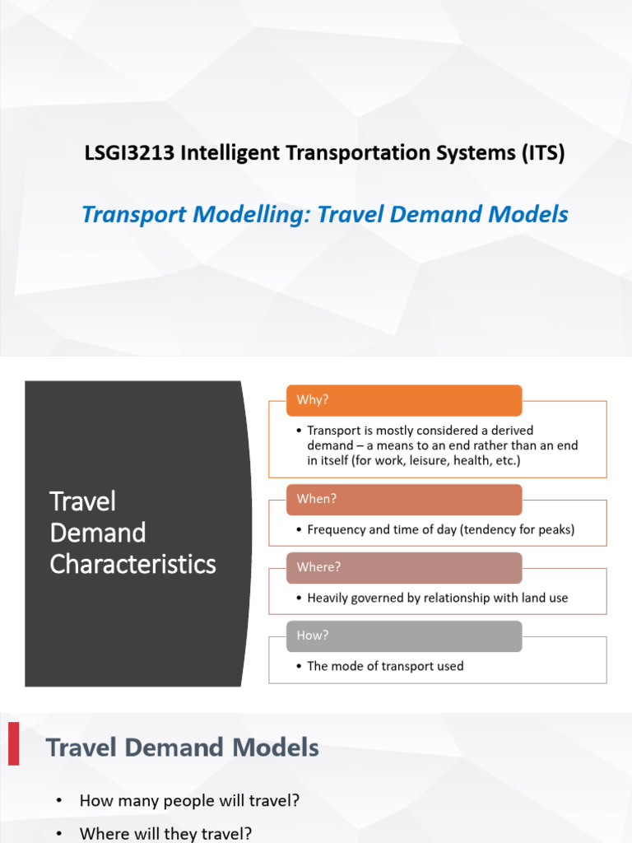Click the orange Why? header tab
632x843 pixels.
403,400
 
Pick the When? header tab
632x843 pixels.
403,499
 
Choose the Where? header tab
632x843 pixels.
403,567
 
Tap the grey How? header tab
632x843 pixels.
403,636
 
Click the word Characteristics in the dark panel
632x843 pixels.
132,564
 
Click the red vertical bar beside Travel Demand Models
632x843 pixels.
14,743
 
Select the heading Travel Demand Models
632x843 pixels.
182,748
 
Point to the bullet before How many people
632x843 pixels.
58,801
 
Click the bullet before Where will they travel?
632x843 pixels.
58,834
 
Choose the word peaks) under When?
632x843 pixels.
555,529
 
